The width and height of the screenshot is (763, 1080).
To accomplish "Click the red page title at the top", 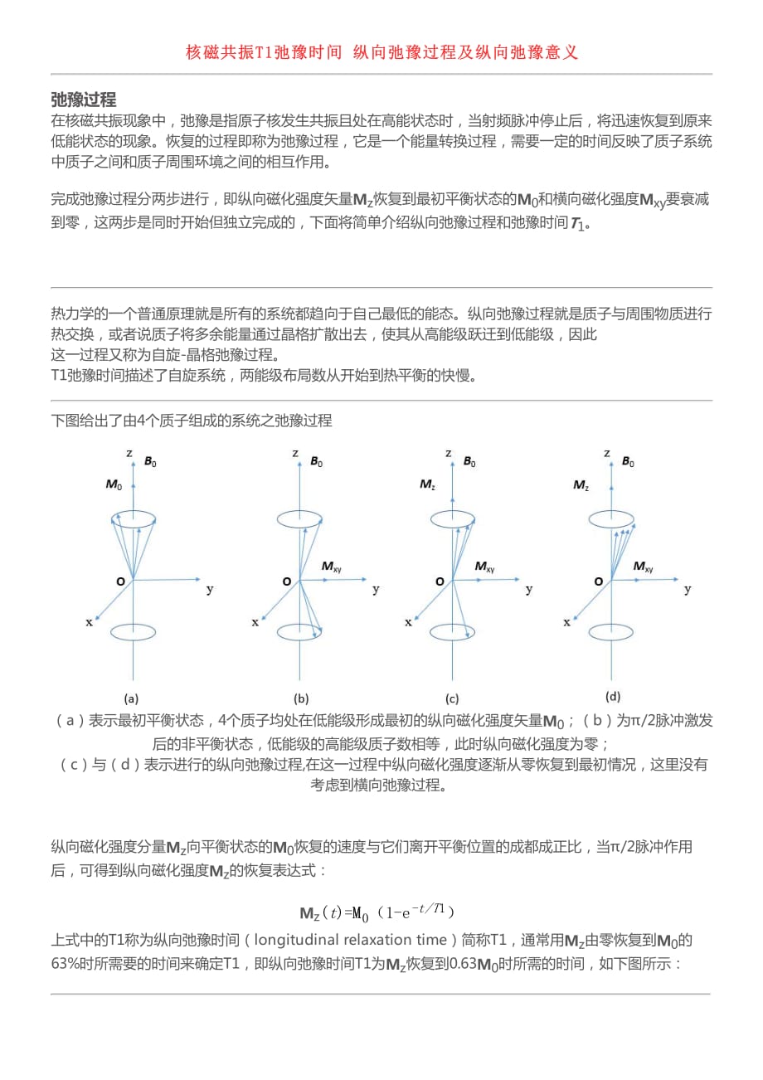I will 381,52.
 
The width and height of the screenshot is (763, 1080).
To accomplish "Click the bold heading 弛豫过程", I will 83,100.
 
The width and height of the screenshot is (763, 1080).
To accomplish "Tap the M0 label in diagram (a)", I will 113,484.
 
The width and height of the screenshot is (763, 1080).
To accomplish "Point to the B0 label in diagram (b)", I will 316,462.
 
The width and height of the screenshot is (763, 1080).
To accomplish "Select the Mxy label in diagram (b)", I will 331,567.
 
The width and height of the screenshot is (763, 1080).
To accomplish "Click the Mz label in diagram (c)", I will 427,484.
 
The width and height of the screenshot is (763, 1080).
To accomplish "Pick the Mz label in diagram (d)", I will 581,484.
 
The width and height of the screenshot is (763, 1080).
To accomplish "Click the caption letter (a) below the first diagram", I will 131,698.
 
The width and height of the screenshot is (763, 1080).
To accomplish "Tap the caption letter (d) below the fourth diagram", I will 613,697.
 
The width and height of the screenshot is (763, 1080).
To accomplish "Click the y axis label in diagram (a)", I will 210,590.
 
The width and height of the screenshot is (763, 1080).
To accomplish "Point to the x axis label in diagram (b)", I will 255,622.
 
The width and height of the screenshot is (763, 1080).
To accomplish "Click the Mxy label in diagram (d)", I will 643,567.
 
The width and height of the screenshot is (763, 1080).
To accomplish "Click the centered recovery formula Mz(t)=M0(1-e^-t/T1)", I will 377,912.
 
